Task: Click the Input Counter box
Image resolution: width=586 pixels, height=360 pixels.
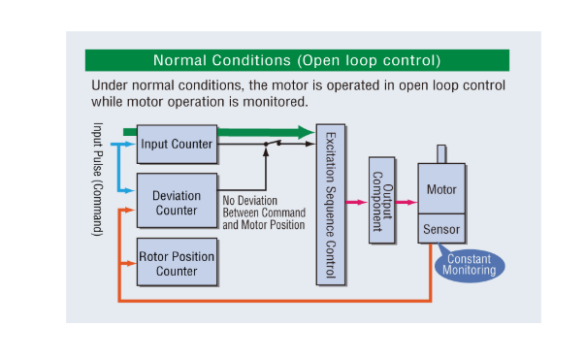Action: tap(176, 144)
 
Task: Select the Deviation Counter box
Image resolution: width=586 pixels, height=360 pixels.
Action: tap(176, 202)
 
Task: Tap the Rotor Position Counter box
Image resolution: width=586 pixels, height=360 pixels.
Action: tap(176, 263)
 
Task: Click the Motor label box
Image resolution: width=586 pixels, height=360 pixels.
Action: tap(441, 189)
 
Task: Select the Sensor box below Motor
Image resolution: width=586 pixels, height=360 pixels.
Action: tap(441, 231)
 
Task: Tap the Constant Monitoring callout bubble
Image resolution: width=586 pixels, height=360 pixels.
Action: tap(470, 264)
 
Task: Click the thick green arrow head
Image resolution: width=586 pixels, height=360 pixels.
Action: tap(305, 132)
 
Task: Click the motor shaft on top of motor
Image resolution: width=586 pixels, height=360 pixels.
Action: tap(441, 153)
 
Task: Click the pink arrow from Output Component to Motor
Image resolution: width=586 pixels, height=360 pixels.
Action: tap(407, 202)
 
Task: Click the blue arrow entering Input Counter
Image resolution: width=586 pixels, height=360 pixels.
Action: tap(129, 144)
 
